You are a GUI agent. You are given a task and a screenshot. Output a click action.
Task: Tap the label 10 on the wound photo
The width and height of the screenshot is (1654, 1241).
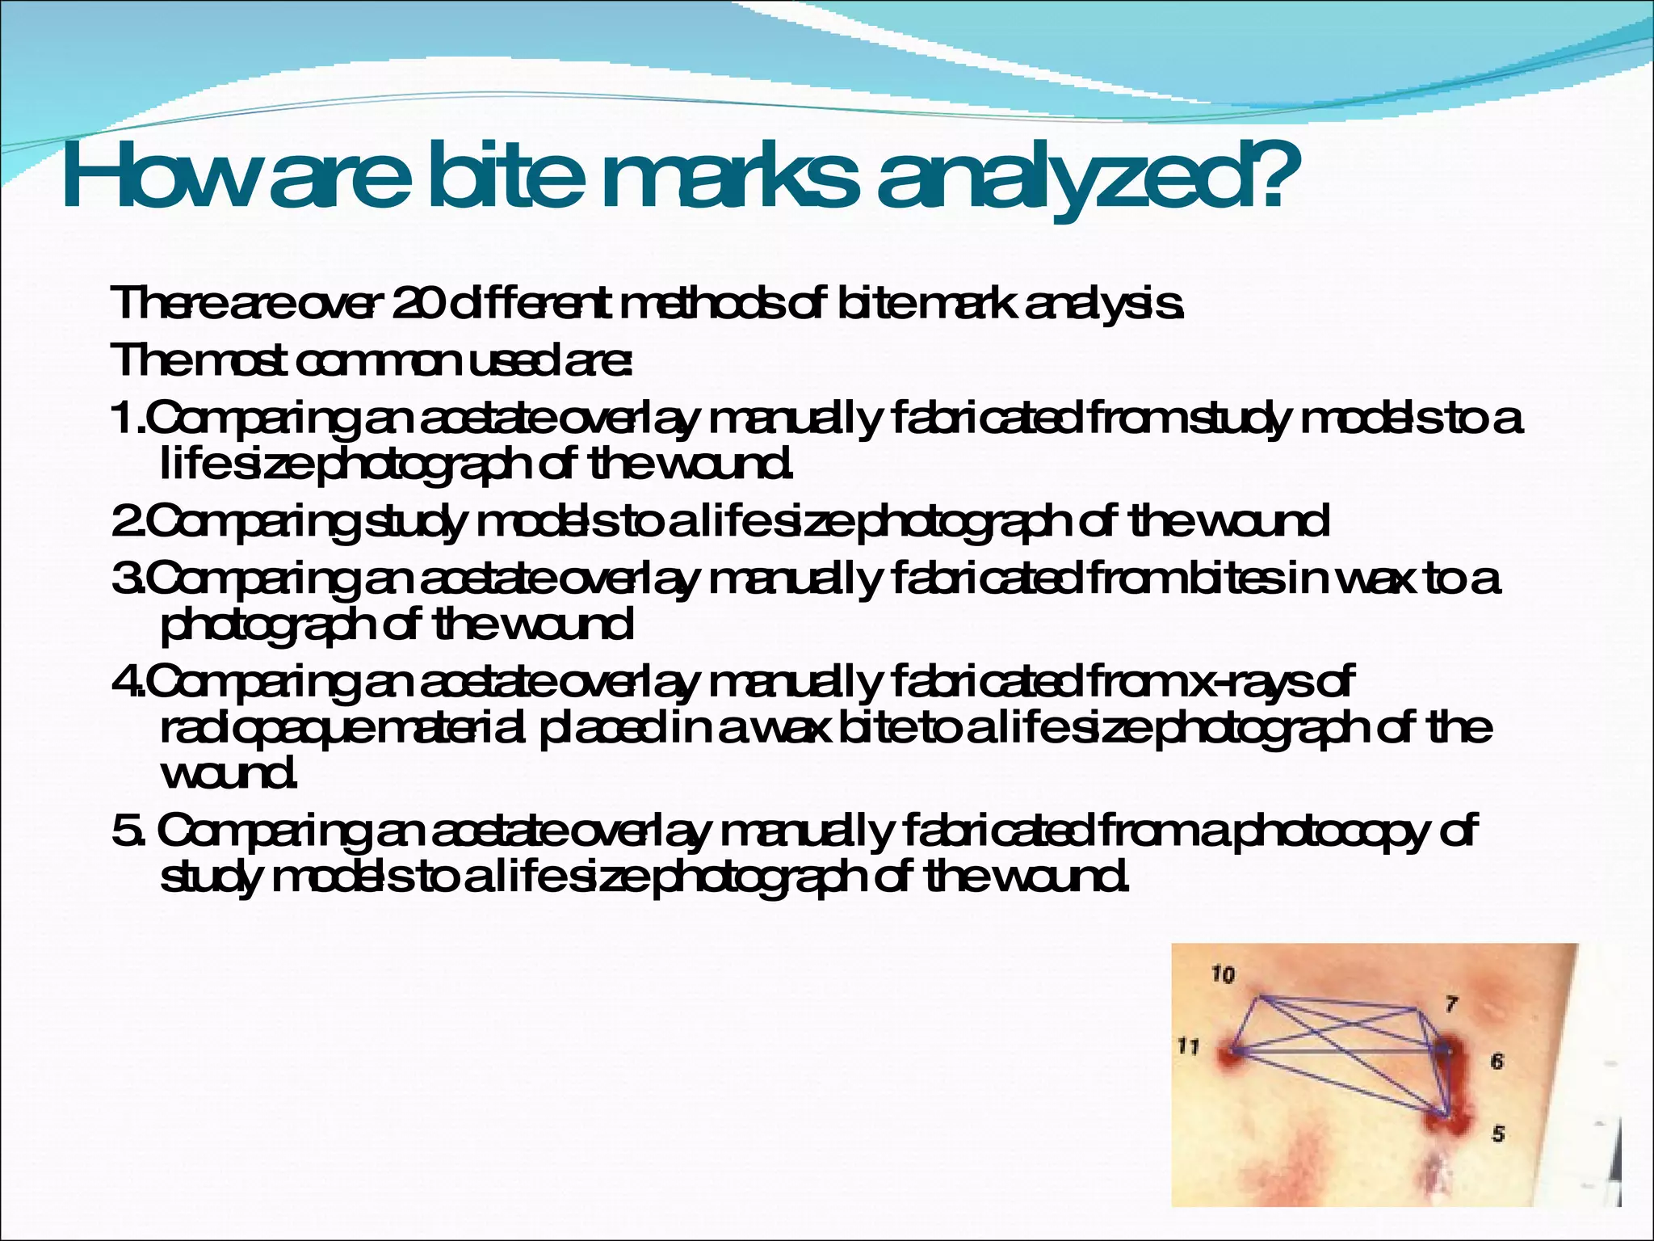[1223, 975]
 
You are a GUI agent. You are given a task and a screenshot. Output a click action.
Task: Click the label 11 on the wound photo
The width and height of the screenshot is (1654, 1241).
[1187, 1047]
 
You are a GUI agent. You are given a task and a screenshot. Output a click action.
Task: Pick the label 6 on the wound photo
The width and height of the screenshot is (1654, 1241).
[1497, 1061]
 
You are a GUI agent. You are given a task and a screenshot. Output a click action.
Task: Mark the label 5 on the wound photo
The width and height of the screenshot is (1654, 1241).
[1497, 1134]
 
